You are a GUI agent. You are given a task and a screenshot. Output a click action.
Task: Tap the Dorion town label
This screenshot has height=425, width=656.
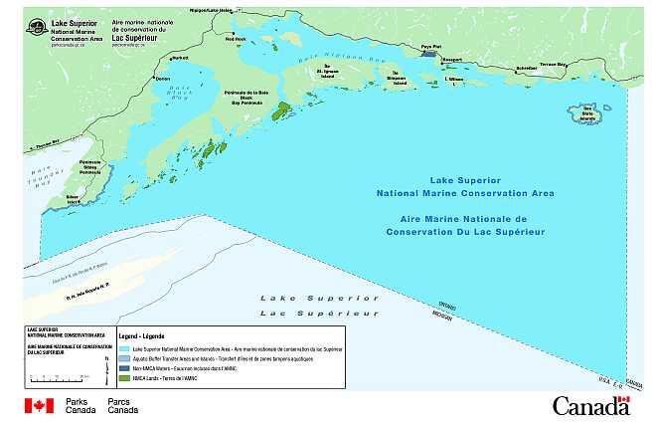tap(163, 79)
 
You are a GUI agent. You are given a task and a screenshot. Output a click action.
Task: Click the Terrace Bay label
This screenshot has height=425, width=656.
tap(554, 64)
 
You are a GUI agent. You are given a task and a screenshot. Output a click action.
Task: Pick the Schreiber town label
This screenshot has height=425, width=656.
tap(499, 69)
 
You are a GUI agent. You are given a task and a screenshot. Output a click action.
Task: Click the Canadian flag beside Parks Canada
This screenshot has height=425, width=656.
tap(39, 405)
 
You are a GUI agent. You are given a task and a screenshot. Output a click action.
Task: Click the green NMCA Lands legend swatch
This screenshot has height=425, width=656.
tap(124, 377)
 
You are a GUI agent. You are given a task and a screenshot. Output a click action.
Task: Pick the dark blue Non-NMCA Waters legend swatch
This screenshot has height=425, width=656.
tap(124, 368)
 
